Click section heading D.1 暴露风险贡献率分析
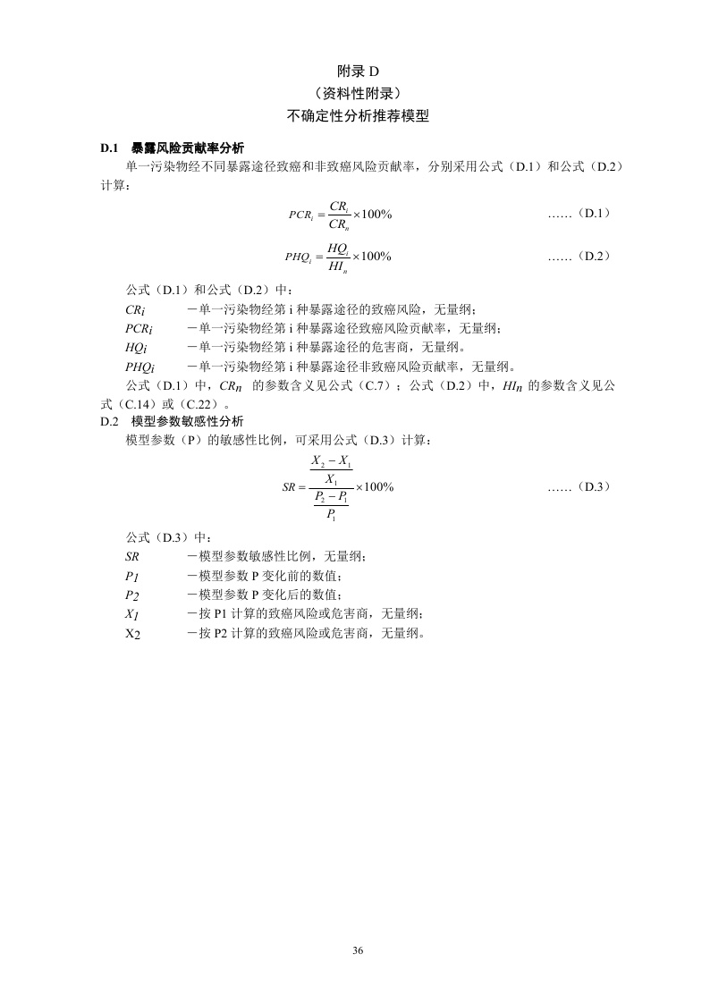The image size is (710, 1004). (179, 148)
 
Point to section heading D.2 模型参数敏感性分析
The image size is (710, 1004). (172, 420)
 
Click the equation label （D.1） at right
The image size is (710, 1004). (591, 213)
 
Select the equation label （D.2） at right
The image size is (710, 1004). (591, 256)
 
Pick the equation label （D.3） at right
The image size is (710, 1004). (591, 486)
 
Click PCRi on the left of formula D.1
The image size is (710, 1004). (300, 215)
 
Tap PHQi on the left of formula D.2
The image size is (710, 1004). (300, 257)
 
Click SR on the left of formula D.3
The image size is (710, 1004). (289, 488)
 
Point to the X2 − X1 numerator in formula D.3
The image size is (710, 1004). (332, 463)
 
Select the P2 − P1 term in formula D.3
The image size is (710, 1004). (332, 498)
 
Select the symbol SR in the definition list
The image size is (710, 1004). (131, 556)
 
